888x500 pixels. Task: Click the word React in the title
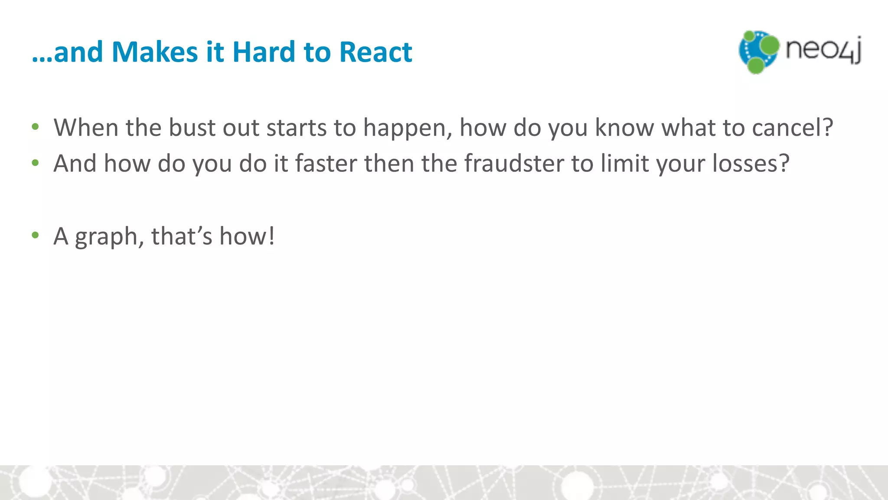375,52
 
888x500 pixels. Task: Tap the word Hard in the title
264,52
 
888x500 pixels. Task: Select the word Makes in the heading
155,52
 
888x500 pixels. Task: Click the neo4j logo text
823,50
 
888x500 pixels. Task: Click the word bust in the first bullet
192,128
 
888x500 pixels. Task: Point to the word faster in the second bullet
326,164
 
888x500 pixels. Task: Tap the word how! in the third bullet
247,236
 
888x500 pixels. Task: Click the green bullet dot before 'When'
36,127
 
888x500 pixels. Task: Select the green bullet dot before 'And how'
36,163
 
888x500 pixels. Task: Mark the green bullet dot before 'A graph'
36,236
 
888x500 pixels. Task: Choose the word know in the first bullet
624,128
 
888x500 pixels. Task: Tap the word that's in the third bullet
182,236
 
